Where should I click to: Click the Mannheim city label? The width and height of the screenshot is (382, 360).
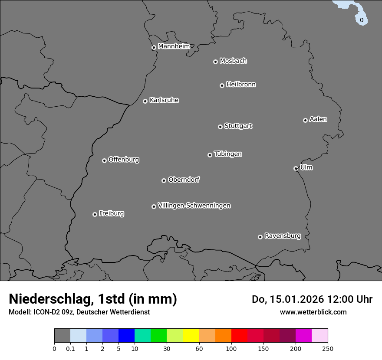(x=174, y=46)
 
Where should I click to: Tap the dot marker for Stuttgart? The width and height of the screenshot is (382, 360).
(x=220, y=127)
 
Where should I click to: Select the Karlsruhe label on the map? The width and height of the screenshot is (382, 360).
(x=164, y=100)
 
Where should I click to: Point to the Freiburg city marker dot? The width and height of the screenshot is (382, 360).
(x=95, y=214)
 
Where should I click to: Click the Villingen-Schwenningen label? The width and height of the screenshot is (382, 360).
(x=194, y=206)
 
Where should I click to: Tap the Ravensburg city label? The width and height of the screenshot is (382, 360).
(x=283, y=236)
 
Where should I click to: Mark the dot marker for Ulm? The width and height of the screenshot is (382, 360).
(x=296, y=168)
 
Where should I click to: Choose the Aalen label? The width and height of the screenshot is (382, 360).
(x=318, y=119)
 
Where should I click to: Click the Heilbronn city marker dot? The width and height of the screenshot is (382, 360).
(x=222, y=85)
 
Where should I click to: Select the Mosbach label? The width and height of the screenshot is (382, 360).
(x=233, y=61)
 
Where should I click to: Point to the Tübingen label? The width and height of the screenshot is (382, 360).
(x=228, y=154)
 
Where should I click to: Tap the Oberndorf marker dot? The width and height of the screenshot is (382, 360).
(x=164, y=180)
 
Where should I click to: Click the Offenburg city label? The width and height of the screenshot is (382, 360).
(x=124, y=160)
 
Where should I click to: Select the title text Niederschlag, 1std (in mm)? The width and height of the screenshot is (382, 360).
(x=93, y=299)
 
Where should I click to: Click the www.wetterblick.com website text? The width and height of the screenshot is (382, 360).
(x=313, y=312)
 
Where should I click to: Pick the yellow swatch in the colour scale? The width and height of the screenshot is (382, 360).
(x=191, y=336)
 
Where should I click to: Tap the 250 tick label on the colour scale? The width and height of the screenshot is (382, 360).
(x=328, y=348)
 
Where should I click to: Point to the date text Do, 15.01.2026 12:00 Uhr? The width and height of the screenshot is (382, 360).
(x=312, y=299)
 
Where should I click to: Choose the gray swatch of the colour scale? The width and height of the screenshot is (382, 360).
(x=62, y=336)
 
